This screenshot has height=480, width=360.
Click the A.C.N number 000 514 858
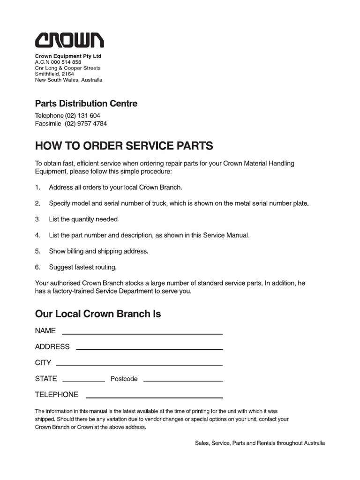[x=66, y=62]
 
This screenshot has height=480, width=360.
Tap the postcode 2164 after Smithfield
[x=67, y=74]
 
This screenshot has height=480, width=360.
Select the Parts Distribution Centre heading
[x=86, y=104]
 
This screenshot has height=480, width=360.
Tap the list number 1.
[x=37, y=187]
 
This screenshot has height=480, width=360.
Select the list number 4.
[x=37, y=235]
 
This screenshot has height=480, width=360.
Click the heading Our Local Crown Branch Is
[x=98, y=314]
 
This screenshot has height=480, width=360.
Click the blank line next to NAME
[x=142, y=334]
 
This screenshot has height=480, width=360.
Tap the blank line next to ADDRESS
[x=149, y=349]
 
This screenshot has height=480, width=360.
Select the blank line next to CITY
[x=139, y=365]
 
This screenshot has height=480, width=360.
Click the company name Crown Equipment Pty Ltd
[x=68, y=56]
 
